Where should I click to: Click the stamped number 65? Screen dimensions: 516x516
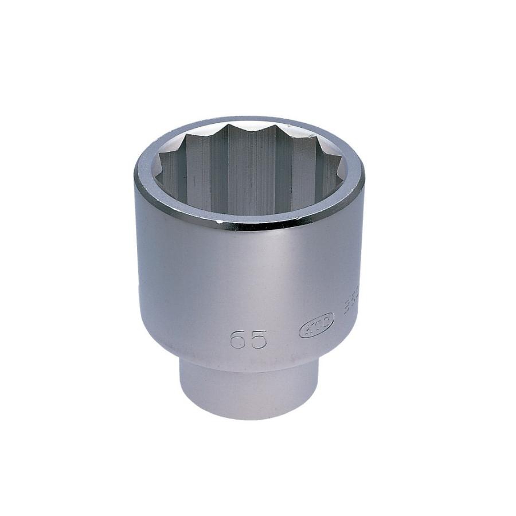[x=248, y=339]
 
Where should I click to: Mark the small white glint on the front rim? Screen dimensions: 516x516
[x=220, y=220]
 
